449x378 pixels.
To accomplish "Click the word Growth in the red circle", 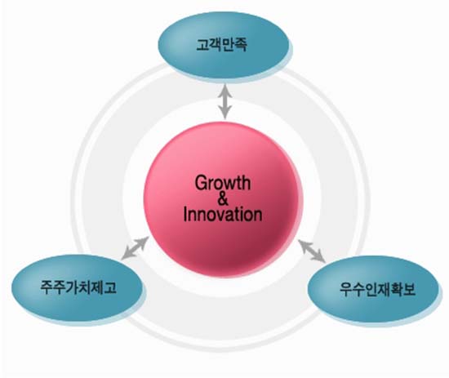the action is (223, 183).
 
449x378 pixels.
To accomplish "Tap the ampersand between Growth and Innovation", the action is (223, 199).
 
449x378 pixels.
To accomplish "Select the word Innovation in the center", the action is (223, 215).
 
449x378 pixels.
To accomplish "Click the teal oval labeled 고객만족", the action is (225, 47).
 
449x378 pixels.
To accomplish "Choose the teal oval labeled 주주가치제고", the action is (78, 288).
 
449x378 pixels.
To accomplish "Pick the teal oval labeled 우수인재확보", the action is (373, 291).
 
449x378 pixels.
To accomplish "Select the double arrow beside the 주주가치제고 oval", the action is (136, 248).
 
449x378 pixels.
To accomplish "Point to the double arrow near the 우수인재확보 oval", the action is (312, 251).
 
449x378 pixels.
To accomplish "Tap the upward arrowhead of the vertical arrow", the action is (225, 89).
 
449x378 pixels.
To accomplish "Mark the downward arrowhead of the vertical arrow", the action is (225, 113).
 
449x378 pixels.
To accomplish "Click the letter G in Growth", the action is (201, 182).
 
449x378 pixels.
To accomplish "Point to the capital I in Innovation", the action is (185, 215).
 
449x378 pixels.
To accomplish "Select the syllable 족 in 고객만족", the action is (240, 45).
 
